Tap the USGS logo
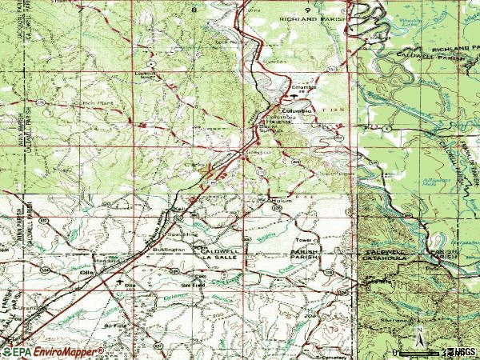click(x=462, y=351)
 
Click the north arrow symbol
click(x=418, y=336)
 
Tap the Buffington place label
click(x=169, y=250)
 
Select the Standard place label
click(x=106, y=260)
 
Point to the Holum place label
click(x=274, y=202)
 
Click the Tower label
click(x=302, y=239)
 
